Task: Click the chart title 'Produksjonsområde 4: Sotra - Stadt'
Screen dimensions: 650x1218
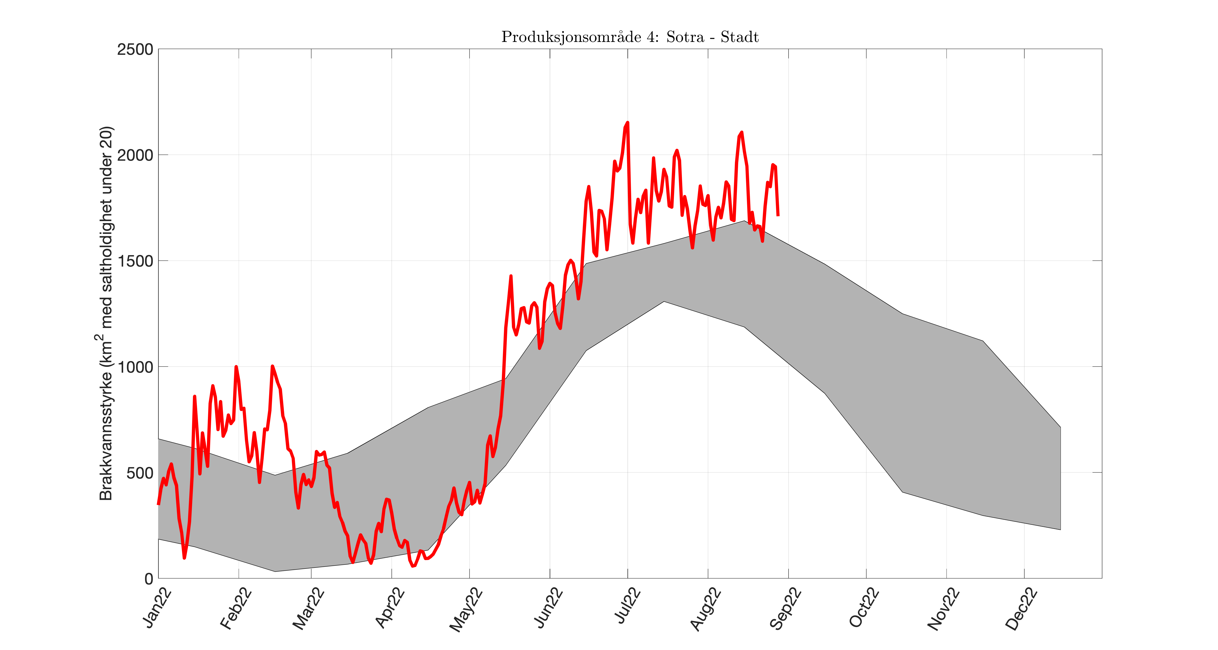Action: (630, 37)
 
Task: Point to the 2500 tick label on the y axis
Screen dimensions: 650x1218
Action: (135, 49)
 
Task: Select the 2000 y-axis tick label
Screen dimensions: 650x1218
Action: (135, 155)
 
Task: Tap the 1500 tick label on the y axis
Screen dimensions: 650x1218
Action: (135, 261)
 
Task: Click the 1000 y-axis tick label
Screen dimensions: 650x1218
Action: (135, 367)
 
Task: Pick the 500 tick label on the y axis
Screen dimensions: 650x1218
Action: (140, 473)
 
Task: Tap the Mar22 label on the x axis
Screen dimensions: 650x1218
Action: (309, 609)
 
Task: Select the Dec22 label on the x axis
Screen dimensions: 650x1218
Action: (1022, 609)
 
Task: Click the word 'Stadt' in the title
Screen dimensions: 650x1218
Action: (740, 37)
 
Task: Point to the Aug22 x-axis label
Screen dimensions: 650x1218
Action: (706, 609)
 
